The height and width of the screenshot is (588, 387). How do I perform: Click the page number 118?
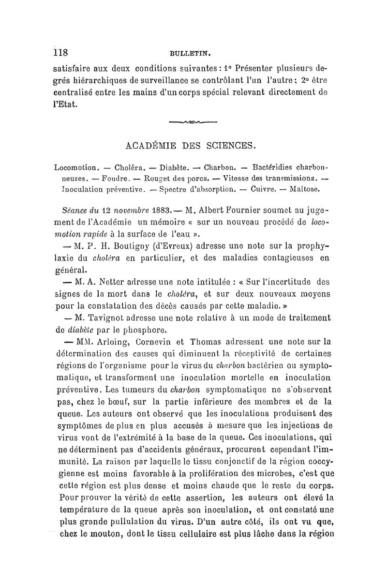click(62, 52)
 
